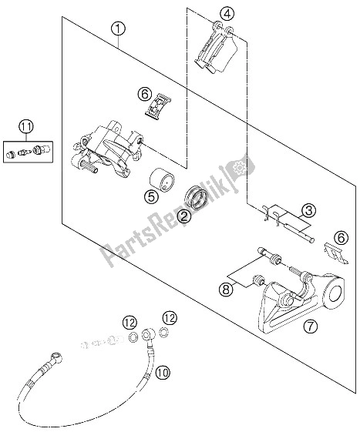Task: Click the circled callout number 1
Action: (118, 30)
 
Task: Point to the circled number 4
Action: (225, 12)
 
